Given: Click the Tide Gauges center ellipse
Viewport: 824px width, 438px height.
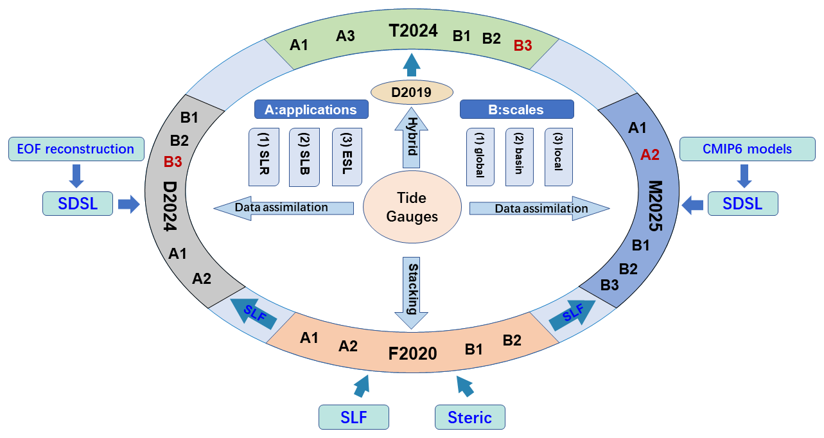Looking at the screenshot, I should [412, 208].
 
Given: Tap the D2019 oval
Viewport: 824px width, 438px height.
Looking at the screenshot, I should [412, 91].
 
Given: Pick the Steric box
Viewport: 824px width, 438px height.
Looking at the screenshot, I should [469, 417].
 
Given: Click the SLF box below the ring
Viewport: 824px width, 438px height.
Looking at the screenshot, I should [354, 417].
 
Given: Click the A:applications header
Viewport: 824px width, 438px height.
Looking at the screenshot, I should [311, 109].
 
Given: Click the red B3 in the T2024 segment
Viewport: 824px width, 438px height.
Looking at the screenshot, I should [523, 46].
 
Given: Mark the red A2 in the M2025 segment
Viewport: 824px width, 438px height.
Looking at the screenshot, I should [650, 154].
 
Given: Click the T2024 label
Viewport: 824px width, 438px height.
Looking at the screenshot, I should [413, 30].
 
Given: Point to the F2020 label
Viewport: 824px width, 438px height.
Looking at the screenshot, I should [413, 353].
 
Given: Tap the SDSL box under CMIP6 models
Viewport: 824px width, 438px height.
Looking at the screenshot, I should [742, 204].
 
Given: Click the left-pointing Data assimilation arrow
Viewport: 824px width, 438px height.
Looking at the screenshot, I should [283, 207].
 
